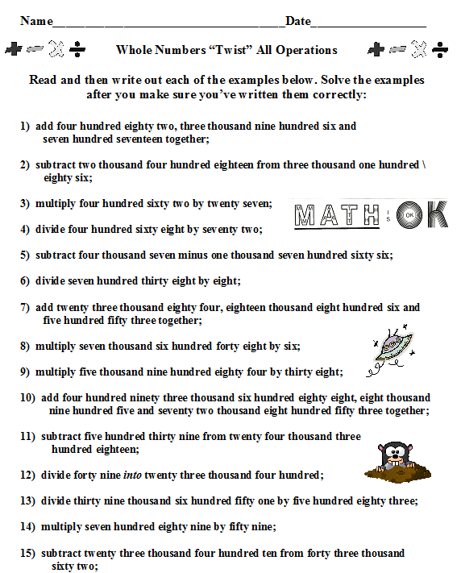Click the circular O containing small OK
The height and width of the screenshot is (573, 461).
coord(410,215)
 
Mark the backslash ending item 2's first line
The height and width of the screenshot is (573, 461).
coord(424,165)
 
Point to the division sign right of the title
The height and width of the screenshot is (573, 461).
coord(440,50)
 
